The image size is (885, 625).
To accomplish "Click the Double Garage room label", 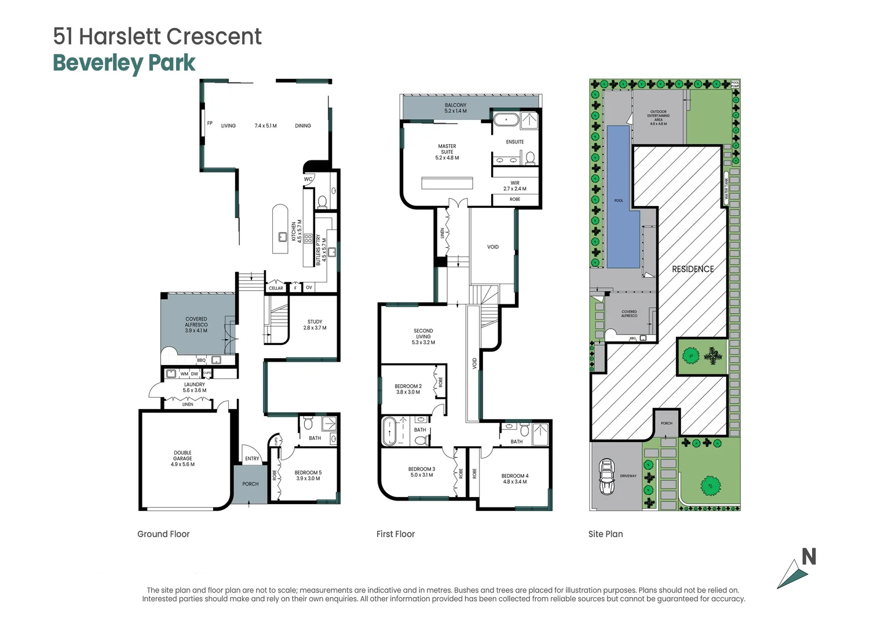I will [182, 458].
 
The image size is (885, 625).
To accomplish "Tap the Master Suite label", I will [447, 152].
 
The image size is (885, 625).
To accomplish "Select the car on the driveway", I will [606, 476].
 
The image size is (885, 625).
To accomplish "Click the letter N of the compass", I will [809, 557].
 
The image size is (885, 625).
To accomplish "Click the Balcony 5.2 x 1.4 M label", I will [455, 108].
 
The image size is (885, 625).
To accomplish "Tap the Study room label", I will [314, 325].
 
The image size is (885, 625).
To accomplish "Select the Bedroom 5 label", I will [308, 475].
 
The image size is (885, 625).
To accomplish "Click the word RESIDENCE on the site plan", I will [693, 269].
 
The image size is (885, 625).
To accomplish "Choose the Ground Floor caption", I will [163, 534].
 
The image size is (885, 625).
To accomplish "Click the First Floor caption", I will [396, 534].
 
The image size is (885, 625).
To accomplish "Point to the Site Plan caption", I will [605, 534].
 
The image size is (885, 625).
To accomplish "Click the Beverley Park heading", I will [124, 63].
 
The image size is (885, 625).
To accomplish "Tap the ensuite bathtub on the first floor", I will [506, 120].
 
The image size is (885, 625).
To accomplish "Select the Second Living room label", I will [423, 336].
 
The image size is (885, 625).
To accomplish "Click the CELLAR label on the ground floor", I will [276, 288].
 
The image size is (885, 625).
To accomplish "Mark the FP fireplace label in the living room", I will [210, 123].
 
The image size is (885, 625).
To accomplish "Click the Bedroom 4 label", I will [515, 479].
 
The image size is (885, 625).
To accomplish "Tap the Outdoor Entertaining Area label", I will [658, 117].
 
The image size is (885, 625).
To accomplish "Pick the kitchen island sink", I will [283, 236].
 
